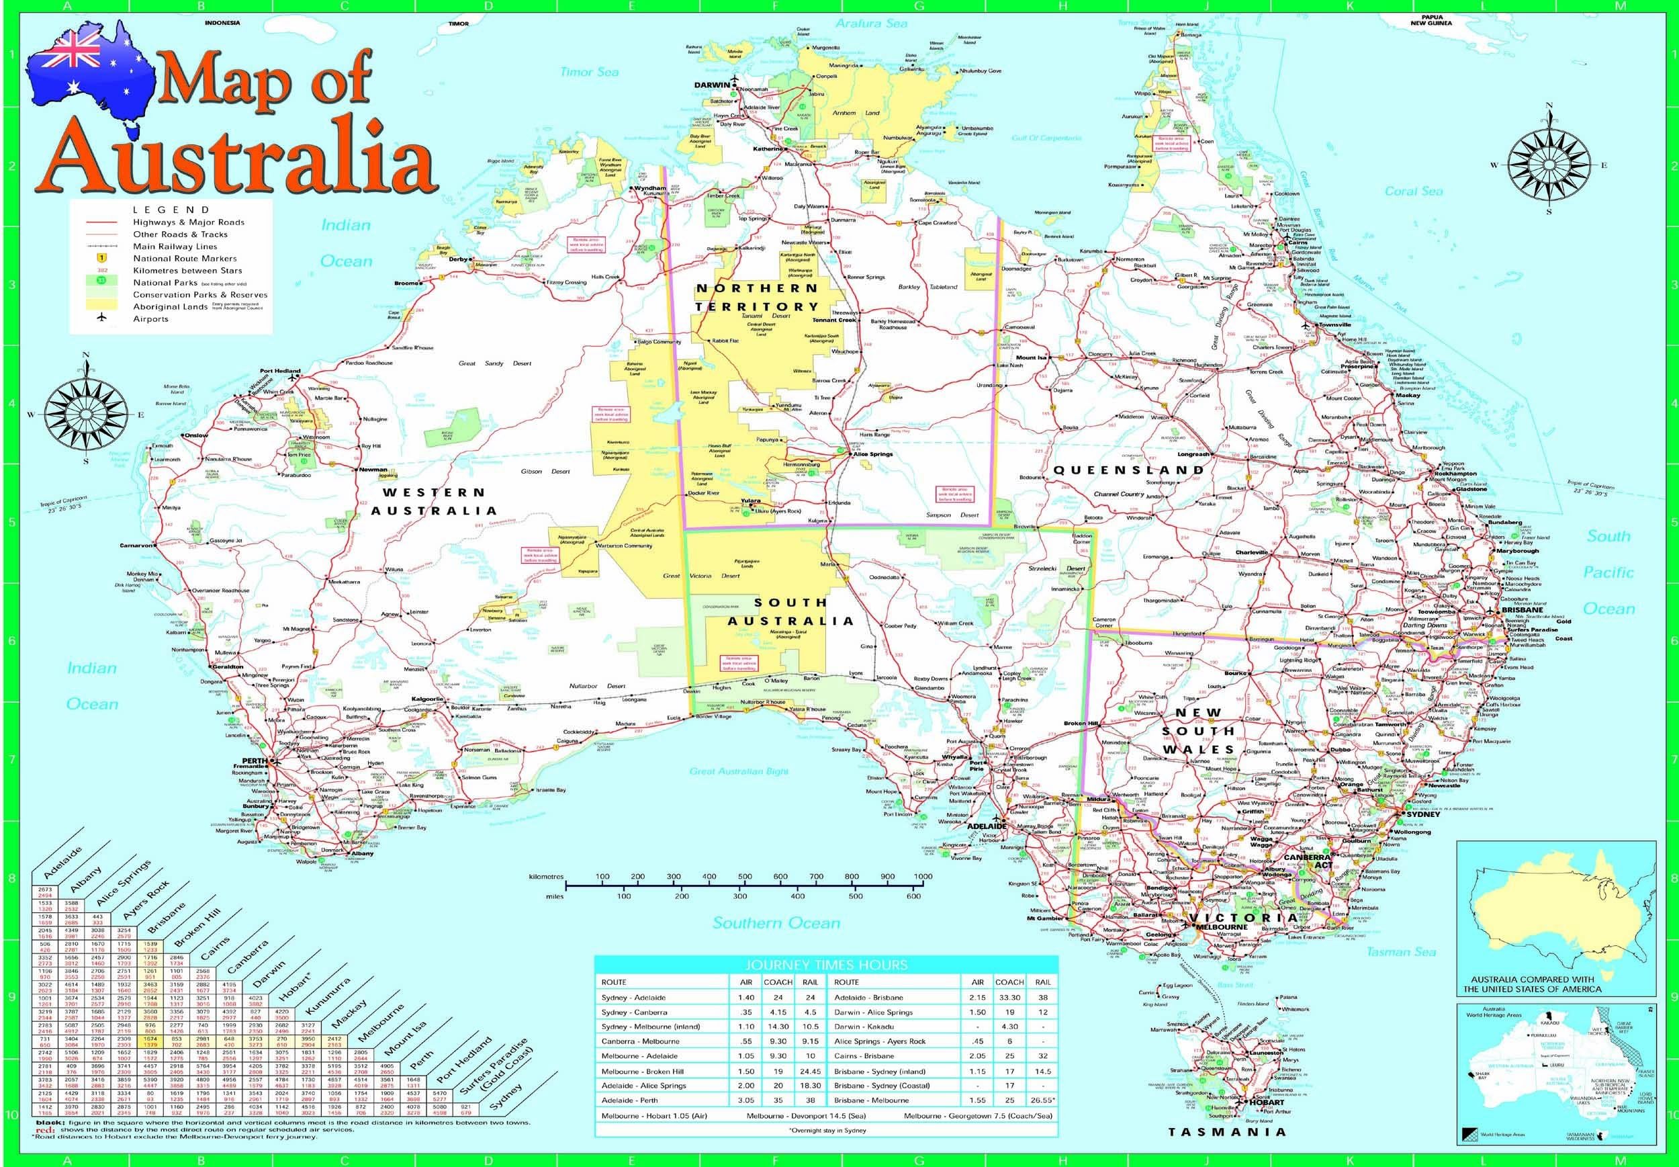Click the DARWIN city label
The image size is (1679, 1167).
pos(711,85)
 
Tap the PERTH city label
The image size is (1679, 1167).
pos(254,761)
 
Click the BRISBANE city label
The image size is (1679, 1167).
pos(1522,610)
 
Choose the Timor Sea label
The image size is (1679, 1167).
pos(589,72)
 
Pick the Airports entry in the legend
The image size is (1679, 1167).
pos(150,319)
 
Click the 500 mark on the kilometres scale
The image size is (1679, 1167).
pos(744,876)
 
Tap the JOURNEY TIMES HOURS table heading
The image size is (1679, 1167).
pos(826,965)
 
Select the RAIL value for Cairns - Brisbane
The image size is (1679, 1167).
pos(1042,1056)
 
